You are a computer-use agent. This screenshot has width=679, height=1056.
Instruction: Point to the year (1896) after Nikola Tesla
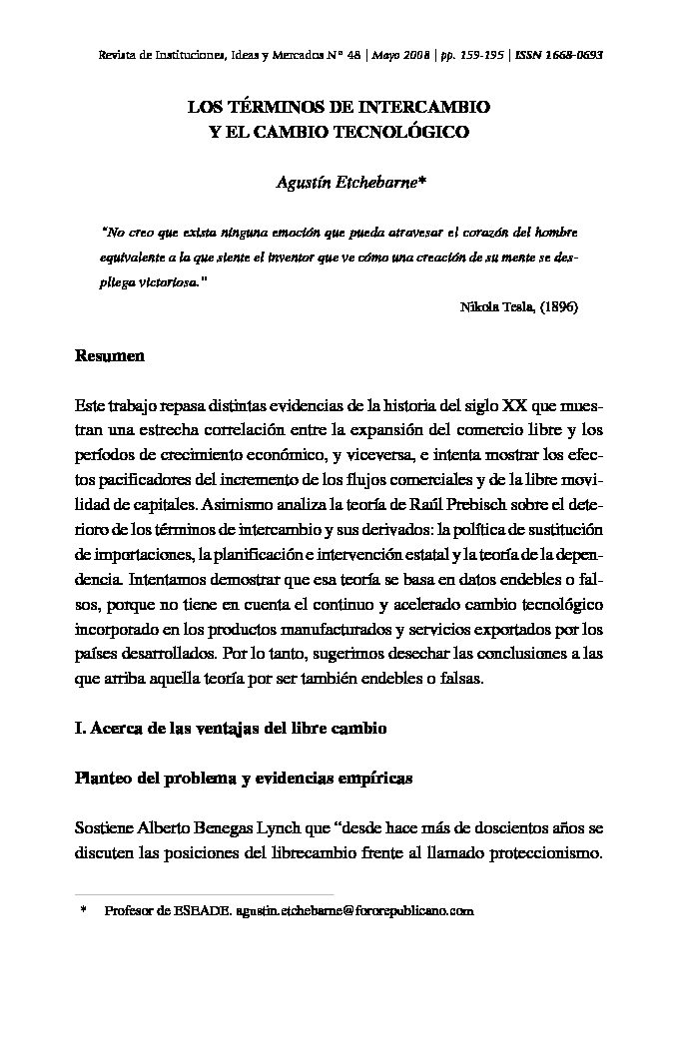(558, 307)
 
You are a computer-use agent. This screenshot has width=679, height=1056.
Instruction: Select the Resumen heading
(110, 355)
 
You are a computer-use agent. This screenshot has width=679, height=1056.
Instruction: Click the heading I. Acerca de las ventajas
(231, 729)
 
